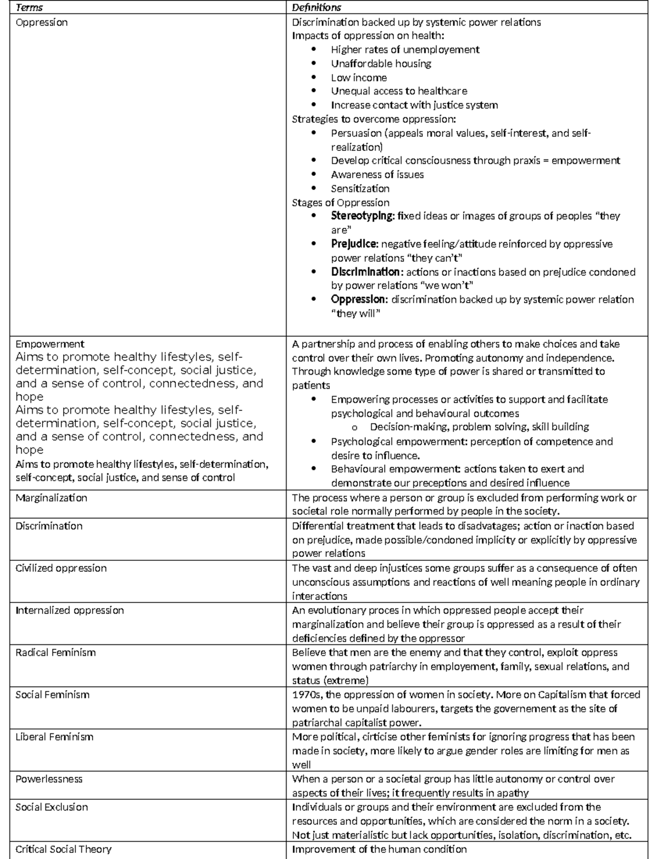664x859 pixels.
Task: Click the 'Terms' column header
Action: click(29, 7)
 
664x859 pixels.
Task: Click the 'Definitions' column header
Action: click(317, 7)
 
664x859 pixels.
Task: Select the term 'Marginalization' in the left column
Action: click(51, 498)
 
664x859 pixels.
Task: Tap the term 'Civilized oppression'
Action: click(61, 568)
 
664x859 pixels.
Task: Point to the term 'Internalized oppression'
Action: click(70, 610)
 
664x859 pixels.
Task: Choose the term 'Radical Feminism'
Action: click(55, 653)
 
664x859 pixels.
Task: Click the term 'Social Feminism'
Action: click(52, 695)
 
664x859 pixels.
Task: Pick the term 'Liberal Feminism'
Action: click(54, 737)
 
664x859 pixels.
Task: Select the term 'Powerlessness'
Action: click(49, 779)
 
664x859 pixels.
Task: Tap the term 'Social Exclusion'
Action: click(51, 807)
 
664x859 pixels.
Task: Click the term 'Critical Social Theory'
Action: click(64, 849)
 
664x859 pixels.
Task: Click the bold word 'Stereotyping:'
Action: click(363, 216)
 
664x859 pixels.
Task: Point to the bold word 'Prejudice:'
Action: click(355, 244)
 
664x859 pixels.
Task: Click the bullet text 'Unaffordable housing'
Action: click(381, 64)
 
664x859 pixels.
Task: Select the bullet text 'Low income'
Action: click(359, 77)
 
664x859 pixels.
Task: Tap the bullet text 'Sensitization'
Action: click(360, 189)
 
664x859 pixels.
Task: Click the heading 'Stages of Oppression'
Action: click(340, 202)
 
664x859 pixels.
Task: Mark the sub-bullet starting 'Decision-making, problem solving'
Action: click(479, 427)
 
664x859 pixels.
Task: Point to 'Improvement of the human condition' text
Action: click(379, 849)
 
